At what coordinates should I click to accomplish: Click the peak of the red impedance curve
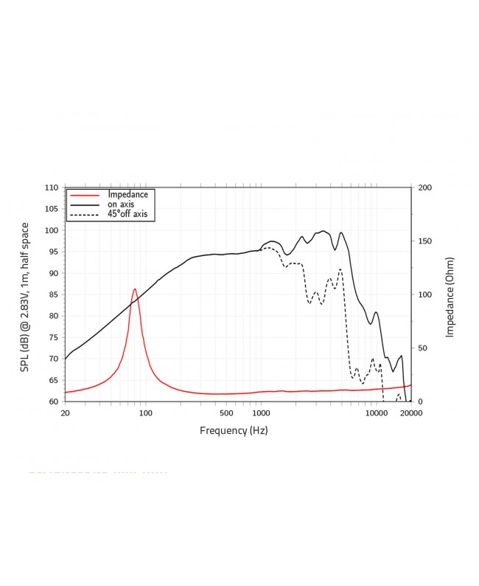(135, 289)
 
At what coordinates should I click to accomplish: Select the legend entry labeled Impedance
(128, 194)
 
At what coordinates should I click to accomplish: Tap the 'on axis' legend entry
(122, 204)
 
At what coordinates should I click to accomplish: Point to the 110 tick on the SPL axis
(52, 187)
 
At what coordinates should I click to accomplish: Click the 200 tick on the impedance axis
(424, 187)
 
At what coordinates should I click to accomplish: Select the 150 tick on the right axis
(424, 241)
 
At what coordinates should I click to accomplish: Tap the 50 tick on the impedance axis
(422, 348)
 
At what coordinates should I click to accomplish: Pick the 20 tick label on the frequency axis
(65, 413)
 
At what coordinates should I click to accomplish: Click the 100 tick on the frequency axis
(145, 413)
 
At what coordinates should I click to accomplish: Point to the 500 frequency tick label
(225, 413)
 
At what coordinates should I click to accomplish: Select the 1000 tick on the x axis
(260, 413)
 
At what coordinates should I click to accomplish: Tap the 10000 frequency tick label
(376, 413)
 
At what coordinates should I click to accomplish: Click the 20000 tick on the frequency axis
(410, 413)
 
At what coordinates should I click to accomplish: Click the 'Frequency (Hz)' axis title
(234, 430)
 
